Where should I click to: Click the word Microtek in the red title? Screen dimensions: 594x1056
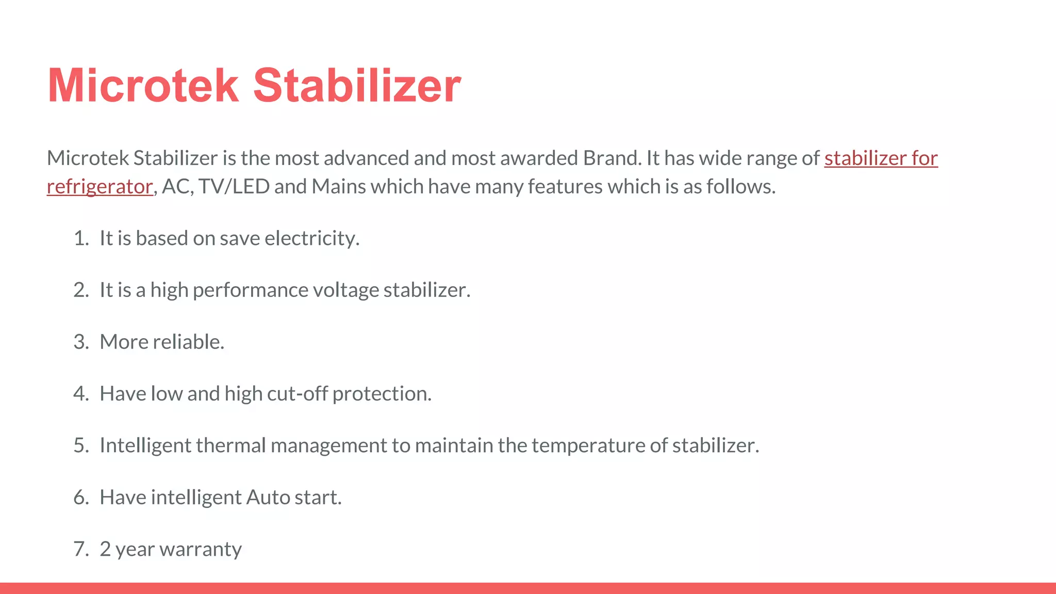coord(143,86)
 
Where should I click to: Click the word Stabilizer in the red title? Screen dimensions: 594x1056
coord(357,86)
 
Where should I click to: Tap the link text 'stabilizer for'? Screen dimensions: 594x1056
coord(881,158)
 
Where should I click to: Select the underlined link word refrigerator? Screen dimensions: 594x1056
coord(100,187)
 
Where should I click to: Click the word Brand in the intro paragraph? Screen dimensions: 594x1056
coord(612,158)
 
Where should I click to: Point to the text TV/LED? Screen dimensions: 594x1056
coord(234,187)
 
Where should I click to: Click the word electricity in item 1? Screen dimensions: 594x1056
coord(311,239)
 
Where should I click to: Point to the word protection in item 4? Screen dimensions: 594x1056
coord(382,394)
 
